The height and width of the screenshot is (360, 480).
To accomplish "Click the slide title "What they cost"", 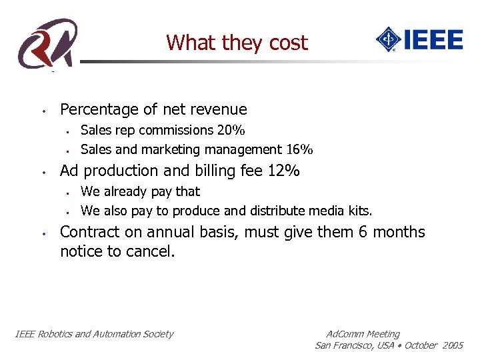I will tap(237, 43).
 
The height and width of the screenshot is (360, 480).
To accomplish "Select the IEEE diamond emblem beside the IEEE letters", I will tap(387, 39).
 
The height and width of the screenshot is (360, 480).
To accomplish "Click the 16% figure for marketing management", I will tap(300, 149).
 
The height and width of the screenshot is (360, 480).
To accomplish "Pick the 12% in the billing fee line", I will tap(283, 171).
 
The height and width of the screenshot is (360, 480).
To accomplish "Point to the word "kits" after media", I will tap(360, 211).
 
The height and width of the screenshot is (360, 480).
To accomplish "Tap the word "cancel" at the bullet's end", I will tap(151, 252).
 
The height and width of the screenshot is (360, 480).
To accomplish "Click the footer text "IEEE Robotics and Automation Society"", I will tap(94, 334).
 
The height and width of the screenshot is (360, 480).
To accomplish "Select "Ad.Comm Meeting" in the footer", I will tap(363, 334).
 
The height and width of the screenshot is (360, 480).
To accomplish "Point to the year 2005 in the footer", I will tap(452, 345).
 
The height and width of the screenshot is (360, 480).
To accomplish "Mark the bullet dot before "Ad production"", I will tap(42, 172).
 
